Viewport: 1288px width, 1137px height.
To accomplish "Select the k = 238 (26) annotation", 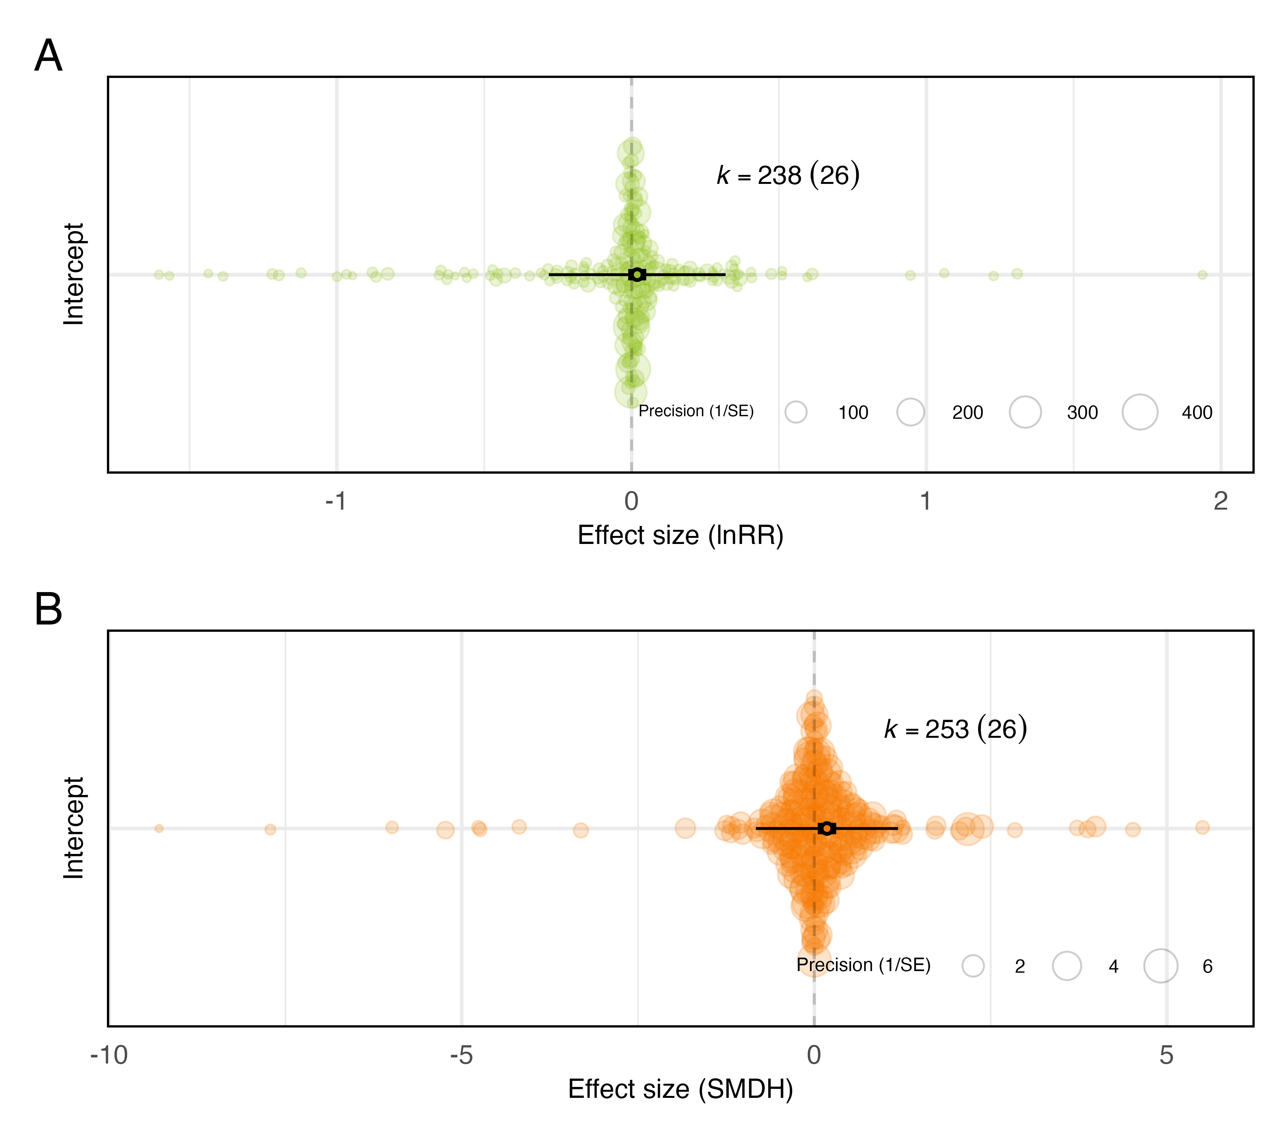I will (x=788, y=175).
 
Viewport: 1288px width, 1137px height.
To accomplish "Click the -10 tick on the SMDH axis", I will (x=109, y=1055).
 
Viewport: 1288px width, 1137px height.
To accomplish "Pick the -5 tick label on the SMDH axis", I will (x=461, y=1055).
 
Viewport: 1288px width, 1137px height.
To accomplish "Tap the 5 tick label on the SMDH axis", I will (x=1166, y=1055).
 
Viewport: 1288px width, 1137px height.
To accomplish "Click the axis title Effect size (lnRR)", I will (x=680, y=536).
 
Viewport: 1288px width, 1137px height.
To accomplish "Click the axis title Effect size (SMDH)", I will (x=680, y=1089).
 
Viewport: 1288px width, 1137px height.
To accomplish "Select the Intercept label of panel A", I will (x=74, y=274).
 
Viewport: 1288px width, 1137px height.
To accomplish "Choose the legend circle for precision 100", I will (x=796, y=412).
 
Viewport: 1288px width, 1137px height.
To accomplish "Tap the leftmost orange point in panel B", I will (x=159, y=828).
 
